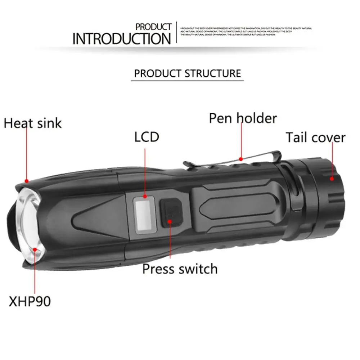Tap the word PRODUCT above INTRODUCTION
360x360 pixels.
154,27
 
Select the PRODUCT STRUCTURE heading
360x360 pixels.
187,73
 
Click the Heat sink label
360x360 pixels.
33,123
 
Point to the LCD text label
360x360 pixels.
147,137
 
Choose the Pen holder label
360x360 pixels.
243,118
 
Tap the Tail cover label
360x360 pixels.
315,137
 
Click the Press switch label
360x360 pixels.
180,269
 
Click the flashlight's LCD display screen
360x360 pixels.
143,215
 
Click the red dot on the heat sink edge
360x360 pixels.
26,180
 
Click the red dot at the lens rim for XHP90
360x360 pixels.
35,249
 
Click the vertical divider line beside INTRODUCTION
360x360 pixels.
176,33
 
